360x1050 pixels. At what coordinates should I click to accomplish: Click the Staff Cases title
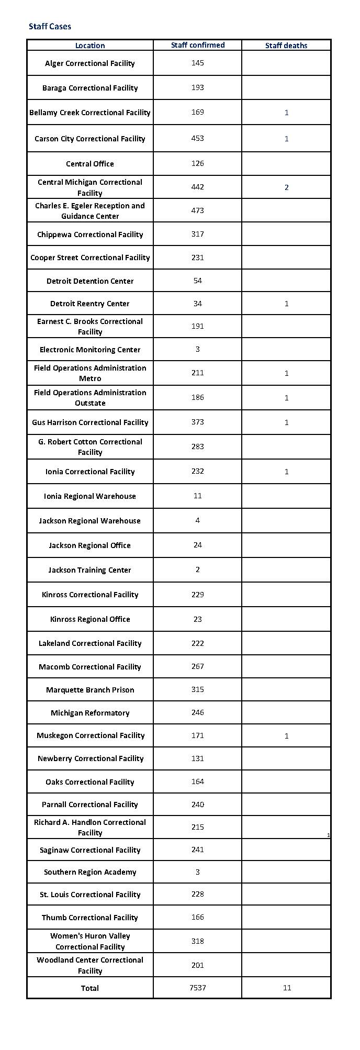coord(50,27)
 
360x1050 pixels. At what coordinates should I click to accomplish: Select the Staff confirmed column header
coord(198,45)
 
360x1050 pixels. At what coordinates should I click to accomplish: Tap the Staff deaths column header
coord(286,46)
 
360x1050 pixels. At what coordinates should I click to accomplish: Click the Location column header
coord(90,46)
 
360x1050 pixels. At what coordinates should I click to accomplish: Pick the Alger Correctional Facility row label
coord(90,63)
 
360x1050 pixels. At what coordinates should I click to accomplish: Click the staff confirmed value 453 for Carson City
coord(198,138)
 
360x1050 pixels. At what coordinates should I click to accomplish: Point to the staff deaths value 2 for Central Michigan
coord(286,187)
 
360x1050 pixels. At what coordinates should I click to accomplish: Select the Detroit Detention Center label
coord(90,281)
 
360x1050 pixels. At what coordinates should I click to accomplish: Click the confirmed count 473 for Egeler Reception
coord(198,210)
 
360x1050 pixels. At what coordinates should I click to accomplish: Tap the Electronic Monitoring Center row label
coord(90,350)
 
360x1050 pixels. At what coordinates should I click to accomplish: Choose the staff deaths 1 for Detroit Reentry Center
coord(286,304)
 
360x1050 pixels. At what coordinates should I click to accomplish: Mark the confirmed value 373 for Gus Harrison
coord(198,422)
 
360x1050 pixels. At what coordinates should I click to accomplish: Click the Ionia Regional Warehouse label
coord(90,496)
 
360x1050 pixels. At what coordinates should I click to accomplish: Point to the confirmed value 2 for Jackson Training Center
coord(198,569)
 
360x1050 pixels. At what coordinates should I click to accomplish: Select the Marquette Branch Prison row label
coord(90,690)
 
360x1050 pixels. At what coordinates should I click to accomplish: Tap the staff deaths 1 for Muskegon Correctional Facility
coord(286,736)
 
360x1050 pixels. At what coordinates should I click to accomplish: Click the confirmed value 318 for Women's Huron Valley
coord(198,941)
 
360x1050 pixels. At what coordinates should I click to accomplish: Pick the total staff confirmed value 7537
coord(198,988)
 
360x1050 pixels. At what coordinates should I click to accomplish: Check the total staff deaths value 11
coord(287,988)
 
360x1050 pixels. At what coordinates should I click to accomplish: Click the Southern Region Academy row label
coord(90,872)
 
